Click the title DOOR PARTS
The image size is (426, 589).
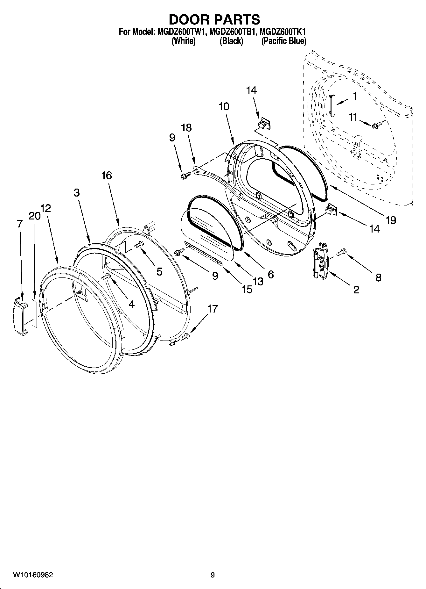click(x=214, y=20)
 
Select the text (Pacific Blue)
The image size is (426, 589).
click(x=283, y=41)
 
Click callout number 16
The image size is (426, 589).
click(x=107, y=176)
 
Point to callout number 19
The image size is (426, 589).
click(x=390, y=220)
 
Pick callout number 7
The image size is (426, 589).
click(x=20, y=224)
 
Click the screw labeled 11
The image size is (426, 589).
click(x=376, y=126)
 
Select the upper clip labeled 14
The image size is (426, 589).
click(x=264, y=123)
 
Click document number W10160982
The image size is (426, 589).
click(x=33, y=575)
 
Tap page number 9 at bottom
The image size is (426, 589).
click(x=213, y=575)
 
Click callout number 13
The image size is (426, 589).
click(x=258, y=281)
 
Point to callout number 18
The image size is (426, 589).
click(x=186, y=128)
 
